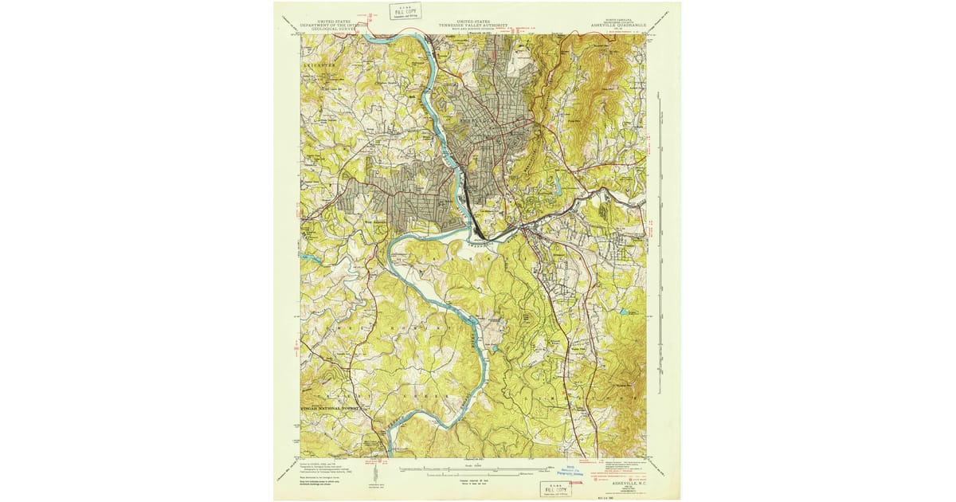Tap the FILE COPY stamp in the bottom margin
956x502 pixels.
[x=555, y=488]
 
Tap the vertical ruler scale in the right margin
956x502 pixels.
[x=660, y=239]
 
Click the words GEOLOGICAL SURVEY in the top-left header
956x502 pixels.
[x=335, y=30]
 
